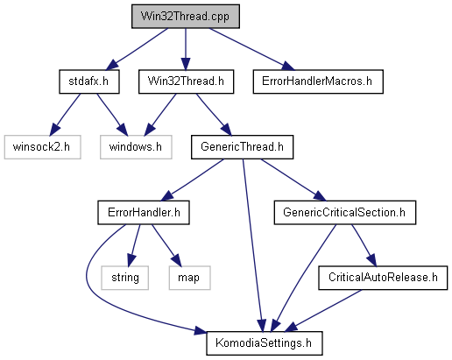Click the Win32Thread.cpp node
[x=186, y=17]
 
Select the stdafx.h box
[x=89, y=81]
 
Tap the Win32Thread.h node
[x=186, y=81]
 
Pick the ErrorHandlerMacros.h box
[x=318, y=81]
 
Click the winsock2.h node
[x=42, y=147]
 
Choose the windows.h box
[x=136, y=147]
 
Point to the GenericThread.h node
[x=242, y=147]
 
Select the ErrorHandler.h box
[x=144, y=212]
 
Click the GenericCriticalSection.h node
[x=345, y=212]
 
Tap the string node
[x=124, y=278]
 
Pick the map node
[x=189, y=278]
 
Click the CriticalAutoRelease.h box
[x=383, y=278]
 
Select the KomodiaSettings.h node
[x=265, y=343]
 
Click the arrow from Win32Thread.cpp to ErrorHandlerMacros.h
[x=252, y=49]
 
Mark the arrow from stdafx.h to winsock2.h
[x=65, y=115]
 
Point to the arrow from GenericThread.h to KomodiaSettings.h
[x=252, y=245]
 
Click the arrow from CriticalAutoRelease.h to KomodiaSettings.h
[x=323, y=311]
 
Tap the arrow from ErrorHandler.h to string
[x=134, y=245]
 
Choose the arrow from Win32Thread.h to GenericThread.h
[x=214, y=115]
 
